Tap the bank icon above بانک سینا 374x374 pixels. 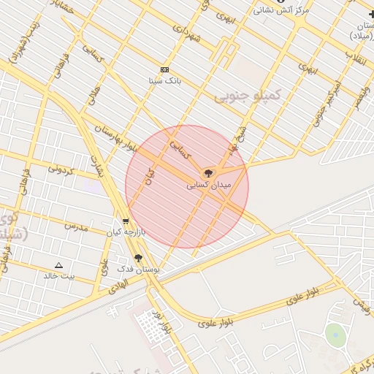165,69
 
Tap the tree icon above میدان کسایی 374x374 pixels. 209,174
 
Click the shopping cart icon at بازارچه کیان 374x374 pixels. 126,221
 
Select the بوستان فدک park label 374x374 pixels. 138,270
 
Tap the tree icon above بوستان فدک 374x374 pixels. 138,258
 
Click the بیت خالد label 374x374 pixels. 59,275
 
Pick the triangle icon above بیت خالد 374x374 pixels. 59,264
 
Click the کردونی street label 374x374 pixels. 61,170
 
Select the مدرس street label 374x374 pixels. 75,227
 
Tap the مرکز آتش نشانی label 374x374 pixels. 282,10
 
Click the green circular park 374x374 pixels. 335,335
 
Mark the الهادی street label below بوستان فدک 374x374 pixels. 119,290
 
